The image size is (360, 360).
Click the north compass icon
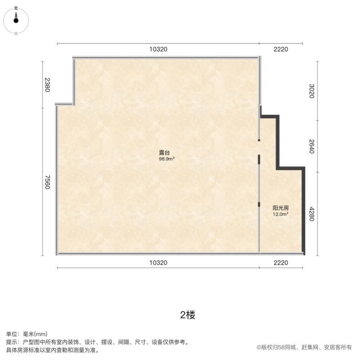[16, 20]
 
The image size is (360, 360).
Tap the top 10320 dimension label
[158, 49]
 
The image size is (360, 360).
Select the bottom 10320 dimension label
[158, 263]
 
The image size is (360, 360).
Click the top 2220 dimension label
[281, 49]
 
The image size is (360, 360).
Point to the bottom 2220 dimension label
[281, 263]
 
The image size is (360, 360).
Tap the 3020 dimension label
[312, 91]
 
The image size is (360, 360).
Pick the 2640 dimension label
[312, 146]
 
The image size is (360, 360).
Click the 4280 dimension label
[312, 213]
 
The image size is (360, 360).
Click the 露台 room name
[165, 152]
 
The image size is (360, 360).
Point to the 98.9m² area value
[167, 158]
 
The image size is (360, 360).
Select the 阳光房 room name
[281, 208]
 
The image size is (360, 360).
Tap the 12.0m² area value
[281, 214]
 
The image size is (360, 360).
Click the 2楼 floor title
[188, 315]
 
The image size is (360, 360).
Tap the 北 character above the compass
[16, 8]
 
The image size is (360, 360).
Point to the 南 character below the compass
[16, 33]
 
